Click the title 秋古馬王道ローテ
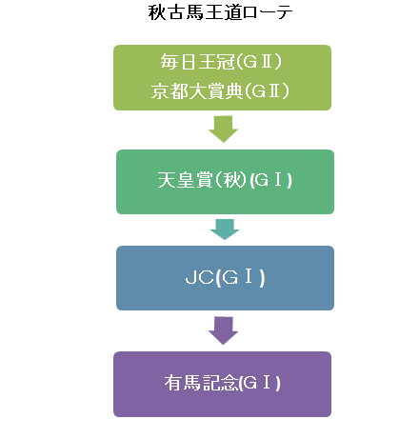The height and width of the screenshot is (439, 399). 220,12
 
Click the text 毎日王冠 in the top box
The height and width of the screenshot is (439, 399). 197,62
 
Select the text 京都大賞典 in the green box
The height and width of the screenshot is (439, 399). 197,91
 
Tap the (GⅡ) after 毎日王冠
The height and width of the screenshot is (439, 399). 259,62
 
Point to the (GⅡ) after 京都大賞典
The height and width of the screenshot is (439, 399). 267,91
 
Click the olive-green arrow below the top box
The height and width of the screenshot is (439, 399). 223,129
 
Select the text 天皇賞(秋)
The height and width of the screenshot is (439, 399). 202,180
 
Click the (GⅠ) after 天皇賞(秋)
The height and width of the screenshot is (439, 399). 270,180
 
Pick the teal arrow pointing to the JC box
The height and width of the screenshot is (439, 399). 225,229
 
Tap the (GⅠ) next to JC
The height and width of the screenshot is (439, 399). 240,278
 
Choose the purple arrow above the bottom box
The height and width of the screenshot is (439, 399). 223,330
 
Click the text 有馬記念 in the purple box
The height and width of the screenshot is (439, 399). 201,383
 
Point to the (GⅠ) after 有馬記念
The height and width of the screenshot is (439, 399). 260,383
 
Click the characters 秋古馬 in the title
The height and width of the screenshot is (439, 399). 175,12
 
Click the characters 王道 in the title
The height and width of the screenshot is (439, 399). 223,12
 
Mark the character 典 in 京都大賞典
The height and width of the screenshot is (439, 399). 235,91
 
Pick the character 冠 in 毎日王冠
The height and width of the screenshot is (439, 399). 226,62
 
